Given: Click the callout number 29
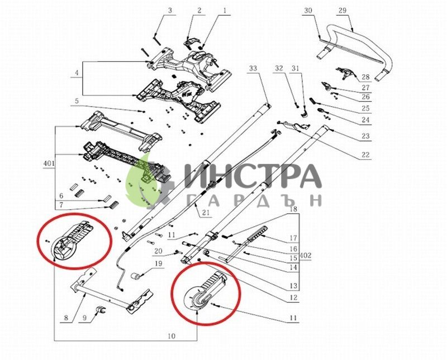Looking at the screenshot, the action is [343, 11].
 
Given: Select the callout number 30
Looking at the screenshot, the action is [308, 11].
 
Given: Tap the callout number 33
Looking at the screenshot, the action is [253, 68].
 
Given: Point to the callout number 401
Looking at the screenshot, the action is [49, 164].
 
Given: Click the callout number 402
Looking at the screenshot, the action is [305, 256].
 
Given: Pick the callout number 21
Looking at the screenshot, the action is [206, 212].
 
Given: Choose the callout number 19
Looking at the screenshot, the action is [158, 263].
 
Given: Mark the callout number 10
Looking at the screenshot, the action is [172, 336].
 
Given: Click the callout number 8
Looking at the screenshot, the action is [66, 318].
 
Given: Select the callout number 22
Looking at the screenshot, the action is [365, 155].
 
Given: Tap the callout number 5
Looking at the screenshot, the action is [77, 101].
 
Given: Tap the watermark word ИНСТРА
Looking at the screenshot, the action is [253, 176].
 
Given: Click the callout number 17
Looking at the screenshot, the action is [293, 238].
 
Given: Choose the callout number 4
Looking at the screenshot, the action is [77, 73].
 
